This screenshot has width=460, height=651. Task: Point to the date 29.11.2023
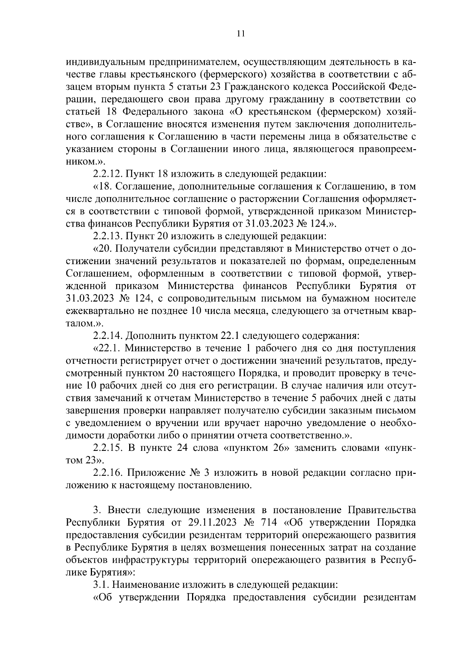point(210,523)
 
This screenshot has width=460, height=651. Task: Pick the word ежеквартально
point(99,311)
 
